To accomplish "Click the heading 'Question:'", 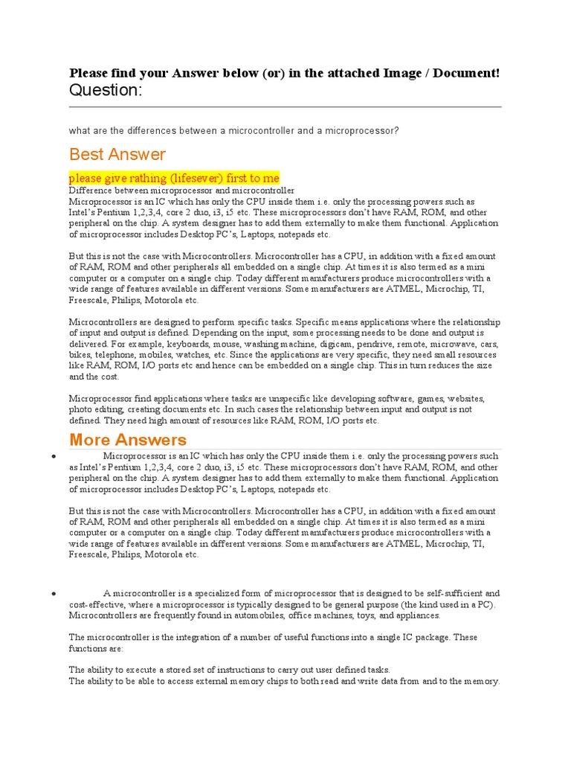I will pyautogui.click(x=105, y=90).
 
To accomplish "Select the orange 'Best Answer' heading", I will pyautogui.click(x=117, y=154).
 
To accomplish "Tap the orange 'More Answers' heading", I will pyautogui.click(x=128, y=439).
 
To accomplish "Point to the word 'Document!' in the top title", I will pyautogui.click(x=468, y=72).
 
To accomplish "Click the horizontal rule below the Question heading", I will pyautogui.click(x=285, y=106).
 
